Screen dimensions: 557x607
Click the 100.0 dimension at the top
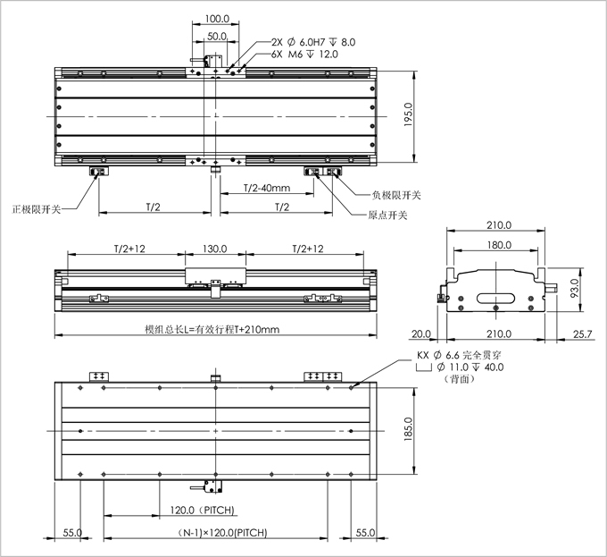217,18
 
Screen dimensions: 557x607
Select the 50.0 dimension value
216,37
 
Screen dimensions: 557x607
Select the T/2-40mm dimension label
267,188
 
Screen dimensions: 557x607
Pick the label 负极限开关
395,194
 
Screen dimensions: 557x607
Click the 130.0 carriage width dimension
215,249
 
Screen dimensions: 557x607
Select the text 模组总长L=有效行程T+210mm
212,330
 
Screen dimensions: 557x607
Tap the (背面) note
457,378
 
